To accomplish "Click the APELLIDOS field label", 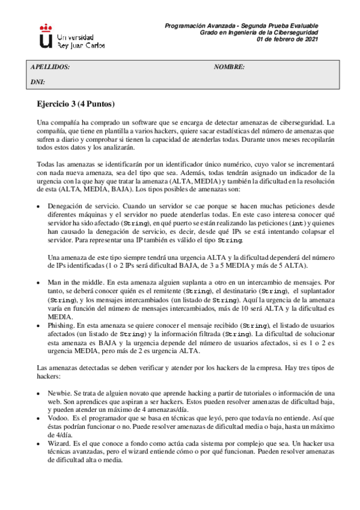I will pos(50,67).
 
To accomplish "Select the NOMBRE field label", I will pos(229,67).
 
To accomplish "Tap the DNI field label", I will pos(37,81).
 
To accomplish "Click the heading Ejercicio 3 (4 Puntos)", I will pos(76,103).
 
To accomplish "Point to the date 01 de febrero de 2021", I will pos(287,39).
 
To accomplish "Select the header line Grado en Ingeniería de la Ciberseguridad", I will pos(258,32).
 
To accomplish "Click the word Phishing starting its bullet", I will pos(59,324).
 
